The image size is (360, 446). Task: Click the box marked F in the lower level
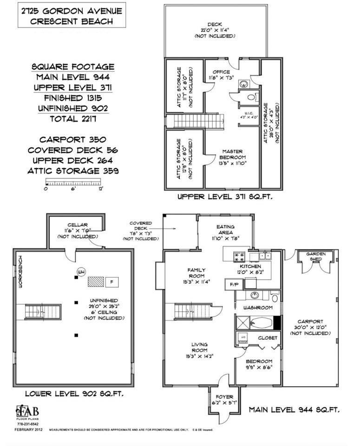(111, 282)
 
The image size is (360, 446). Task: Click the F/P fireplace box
(230, 284)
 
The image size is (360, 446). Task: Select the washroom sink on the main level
(255, 295)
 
